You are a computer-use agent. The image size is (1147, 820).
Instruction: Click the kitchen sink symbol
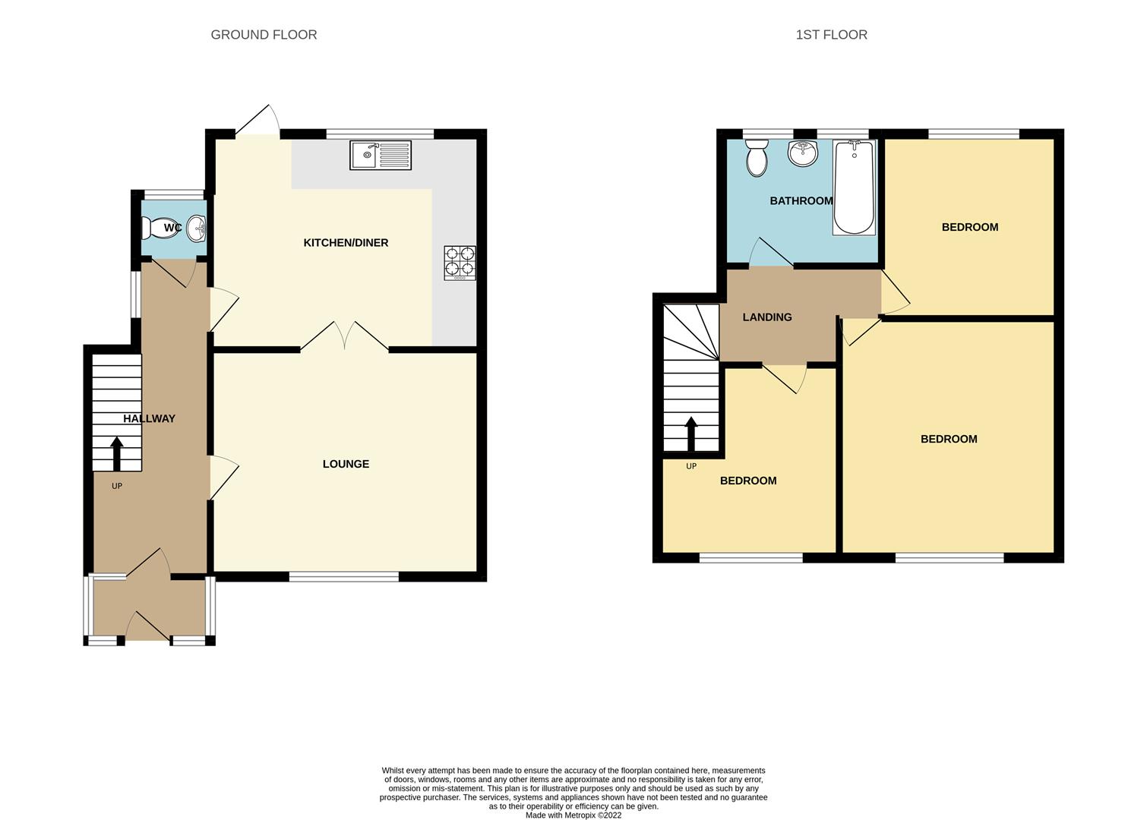[x=380, y=155]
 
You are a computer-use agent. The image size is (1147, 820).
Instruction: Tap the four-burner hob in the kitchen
[x=460, y=263]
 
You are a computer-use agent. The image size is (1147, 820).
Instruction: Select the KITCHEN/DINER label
[x=346, y=243]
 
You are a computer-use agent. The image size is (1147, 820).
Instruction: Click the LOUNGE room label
[x=346, y=464]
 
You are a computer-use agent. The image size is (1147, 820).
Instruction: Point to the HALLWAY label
[x=149, y=418]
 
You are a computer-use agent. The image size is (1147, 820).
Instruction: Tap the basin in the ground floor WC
[x=197, y=227]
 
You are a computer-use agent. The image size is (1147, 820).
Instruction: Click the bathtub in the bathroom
[x=855, y=187]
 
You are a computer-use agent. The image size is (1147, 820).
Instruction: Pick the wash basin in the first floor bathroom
[x=802, y=153]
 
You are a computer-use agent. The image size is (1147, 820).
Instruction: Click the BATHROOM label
[x=801, y=201]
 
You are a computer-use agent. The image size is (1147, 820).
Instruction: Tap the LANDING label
[x=767, y=317]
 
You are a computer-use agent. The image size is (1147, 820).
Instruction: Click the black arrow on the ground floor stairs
[x=117, y=453]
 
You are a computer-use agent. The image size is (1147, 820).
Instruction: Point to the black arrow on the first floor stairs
[x=691, y=434]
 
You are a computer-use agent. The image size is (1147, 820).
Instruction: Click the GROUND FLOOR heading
[x=264, y=35]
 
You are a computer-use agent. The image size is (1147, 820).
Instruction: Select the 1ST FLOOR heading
[x=831, y=35]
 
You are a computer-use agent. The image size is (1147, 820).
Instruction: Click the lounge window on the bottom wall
[x=344, y=577]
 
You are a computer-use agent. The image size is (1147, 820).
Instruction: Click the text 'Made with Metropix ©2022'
[x=573, y=815]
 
